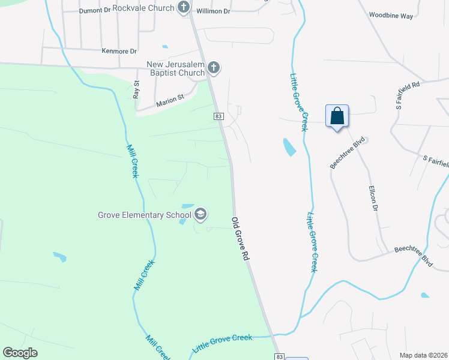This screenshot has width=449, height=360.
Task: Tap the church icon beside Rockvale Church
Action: coord(184,8)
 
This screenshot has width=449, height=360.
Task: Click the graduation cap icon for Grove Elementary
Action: coord(200,214)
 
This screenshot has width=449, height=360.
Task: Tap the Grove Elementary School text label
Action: coord(145,214)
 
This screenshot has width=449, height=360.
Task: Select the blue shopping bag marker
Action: coord(337,116)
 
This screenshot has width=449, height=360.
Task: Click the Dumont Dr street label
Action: coord(95,11)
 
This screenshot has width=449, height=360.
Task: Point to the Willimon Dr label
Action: coord(215,11)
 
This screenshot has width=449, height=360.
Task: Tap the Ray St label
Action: coord(136,90)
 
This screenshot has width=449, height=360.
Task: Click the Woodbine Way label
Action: coord(391,15)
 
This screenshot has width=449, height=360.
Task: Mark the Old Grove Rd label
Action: coord(240,239)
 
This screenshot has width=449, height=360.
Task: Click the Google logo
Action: coord(20,353)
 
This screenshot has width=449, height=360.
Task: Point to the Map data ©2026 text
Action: coord(423,355)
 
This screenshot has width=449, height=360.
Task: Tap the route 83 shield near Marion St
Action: coord(218,116)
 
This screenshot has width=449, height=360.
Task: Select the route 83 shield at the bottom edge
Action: coord(280,356)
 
